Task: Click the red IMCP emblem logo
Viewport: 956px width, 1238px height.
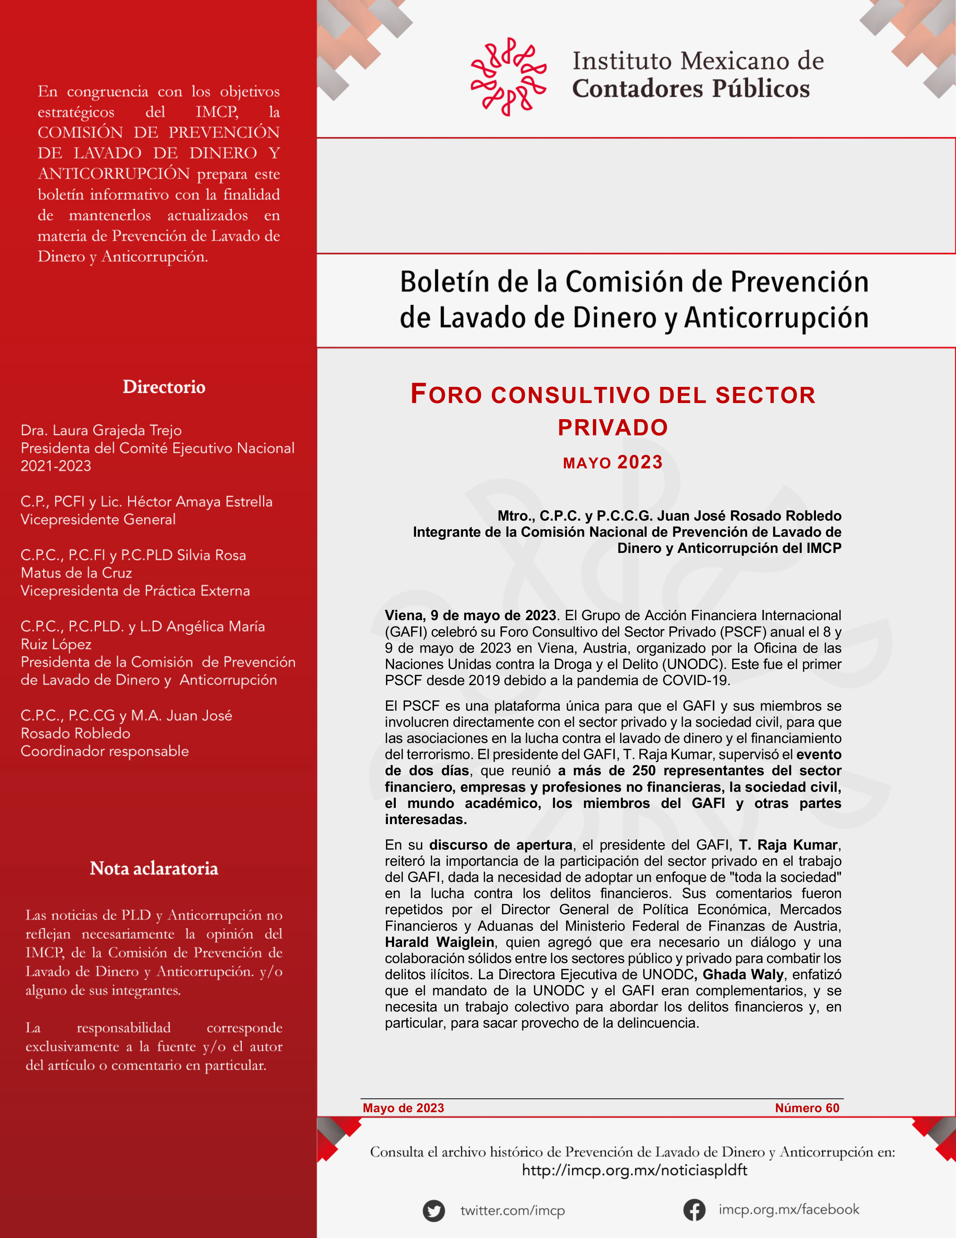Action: point(508,77)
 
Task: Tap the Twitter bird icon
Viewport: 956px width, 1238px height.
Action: point(434,1211)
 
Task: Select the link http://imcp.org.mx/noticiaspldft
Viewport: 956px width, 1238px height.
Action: point(634,1170)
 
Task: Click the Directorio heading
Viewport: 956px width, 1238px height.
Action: point(164,387)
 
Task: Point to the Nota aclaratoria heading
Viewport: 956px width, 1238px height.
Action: point(154,868)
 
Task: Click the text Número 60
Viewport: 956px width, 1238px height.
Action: point(807,1108)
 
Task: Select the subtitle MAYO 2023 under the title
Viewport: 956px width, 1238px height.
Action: point(612,462)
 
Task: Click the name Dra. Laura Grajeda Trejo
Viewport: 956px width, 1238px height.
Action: point(101,430)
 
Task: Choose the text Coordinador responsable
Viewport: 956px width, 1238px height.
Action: point(105,751)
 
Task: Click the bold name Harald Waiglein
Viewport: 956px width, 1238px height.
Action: point(440,942)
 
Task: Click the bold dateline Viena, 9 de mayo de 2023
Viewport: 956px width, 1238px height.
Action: point(470,616)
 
